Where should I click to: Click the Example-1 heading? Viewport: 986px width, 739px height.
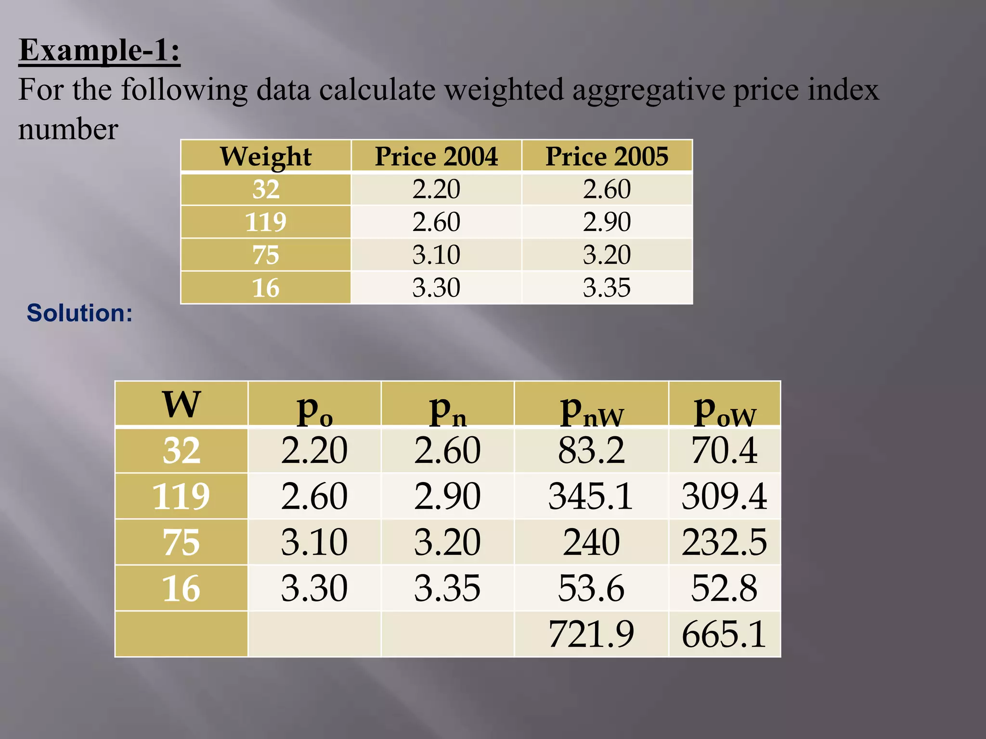pos(99,50)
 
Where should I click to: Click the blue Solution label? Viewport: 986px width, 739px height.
pos(79,313)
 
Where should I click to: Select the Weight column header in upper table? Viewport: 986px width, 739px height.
pos(266,156)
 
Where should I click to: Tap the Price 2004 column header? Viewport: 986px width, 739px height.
pos(436,156)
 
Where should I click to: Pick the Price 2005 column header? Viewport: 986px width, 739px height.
pos(607,156)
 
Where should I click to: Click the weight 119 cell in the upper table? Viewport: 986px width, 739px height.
pos(266,222)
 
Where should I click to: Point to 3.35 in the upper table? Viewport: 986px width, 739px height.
pos(607,288)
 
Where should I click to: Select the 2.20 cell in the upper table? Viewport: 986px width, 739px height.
pos(436,189)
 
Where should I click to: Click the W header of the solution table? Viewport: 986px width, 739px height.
pos(181,404)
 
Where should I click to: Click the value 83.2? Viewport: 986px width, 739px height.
pos(591,450)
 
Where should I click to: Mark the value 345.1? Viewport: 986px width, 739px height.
pos(591,496)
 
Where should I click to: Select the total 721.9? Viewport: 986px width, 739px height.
pos(591,634)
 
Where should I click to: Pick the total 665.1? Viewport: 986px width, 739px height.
pos(724,634)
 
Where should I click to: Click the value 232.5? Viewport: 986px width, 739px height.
pos(724,542)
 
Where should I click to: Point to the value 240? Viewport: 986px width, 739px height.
pos(591,542)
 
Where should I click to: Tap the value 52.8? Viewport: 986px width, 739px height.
pos(724,588)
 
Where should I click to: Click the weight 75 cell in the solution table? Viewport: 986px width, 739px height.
pos(181,542)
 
